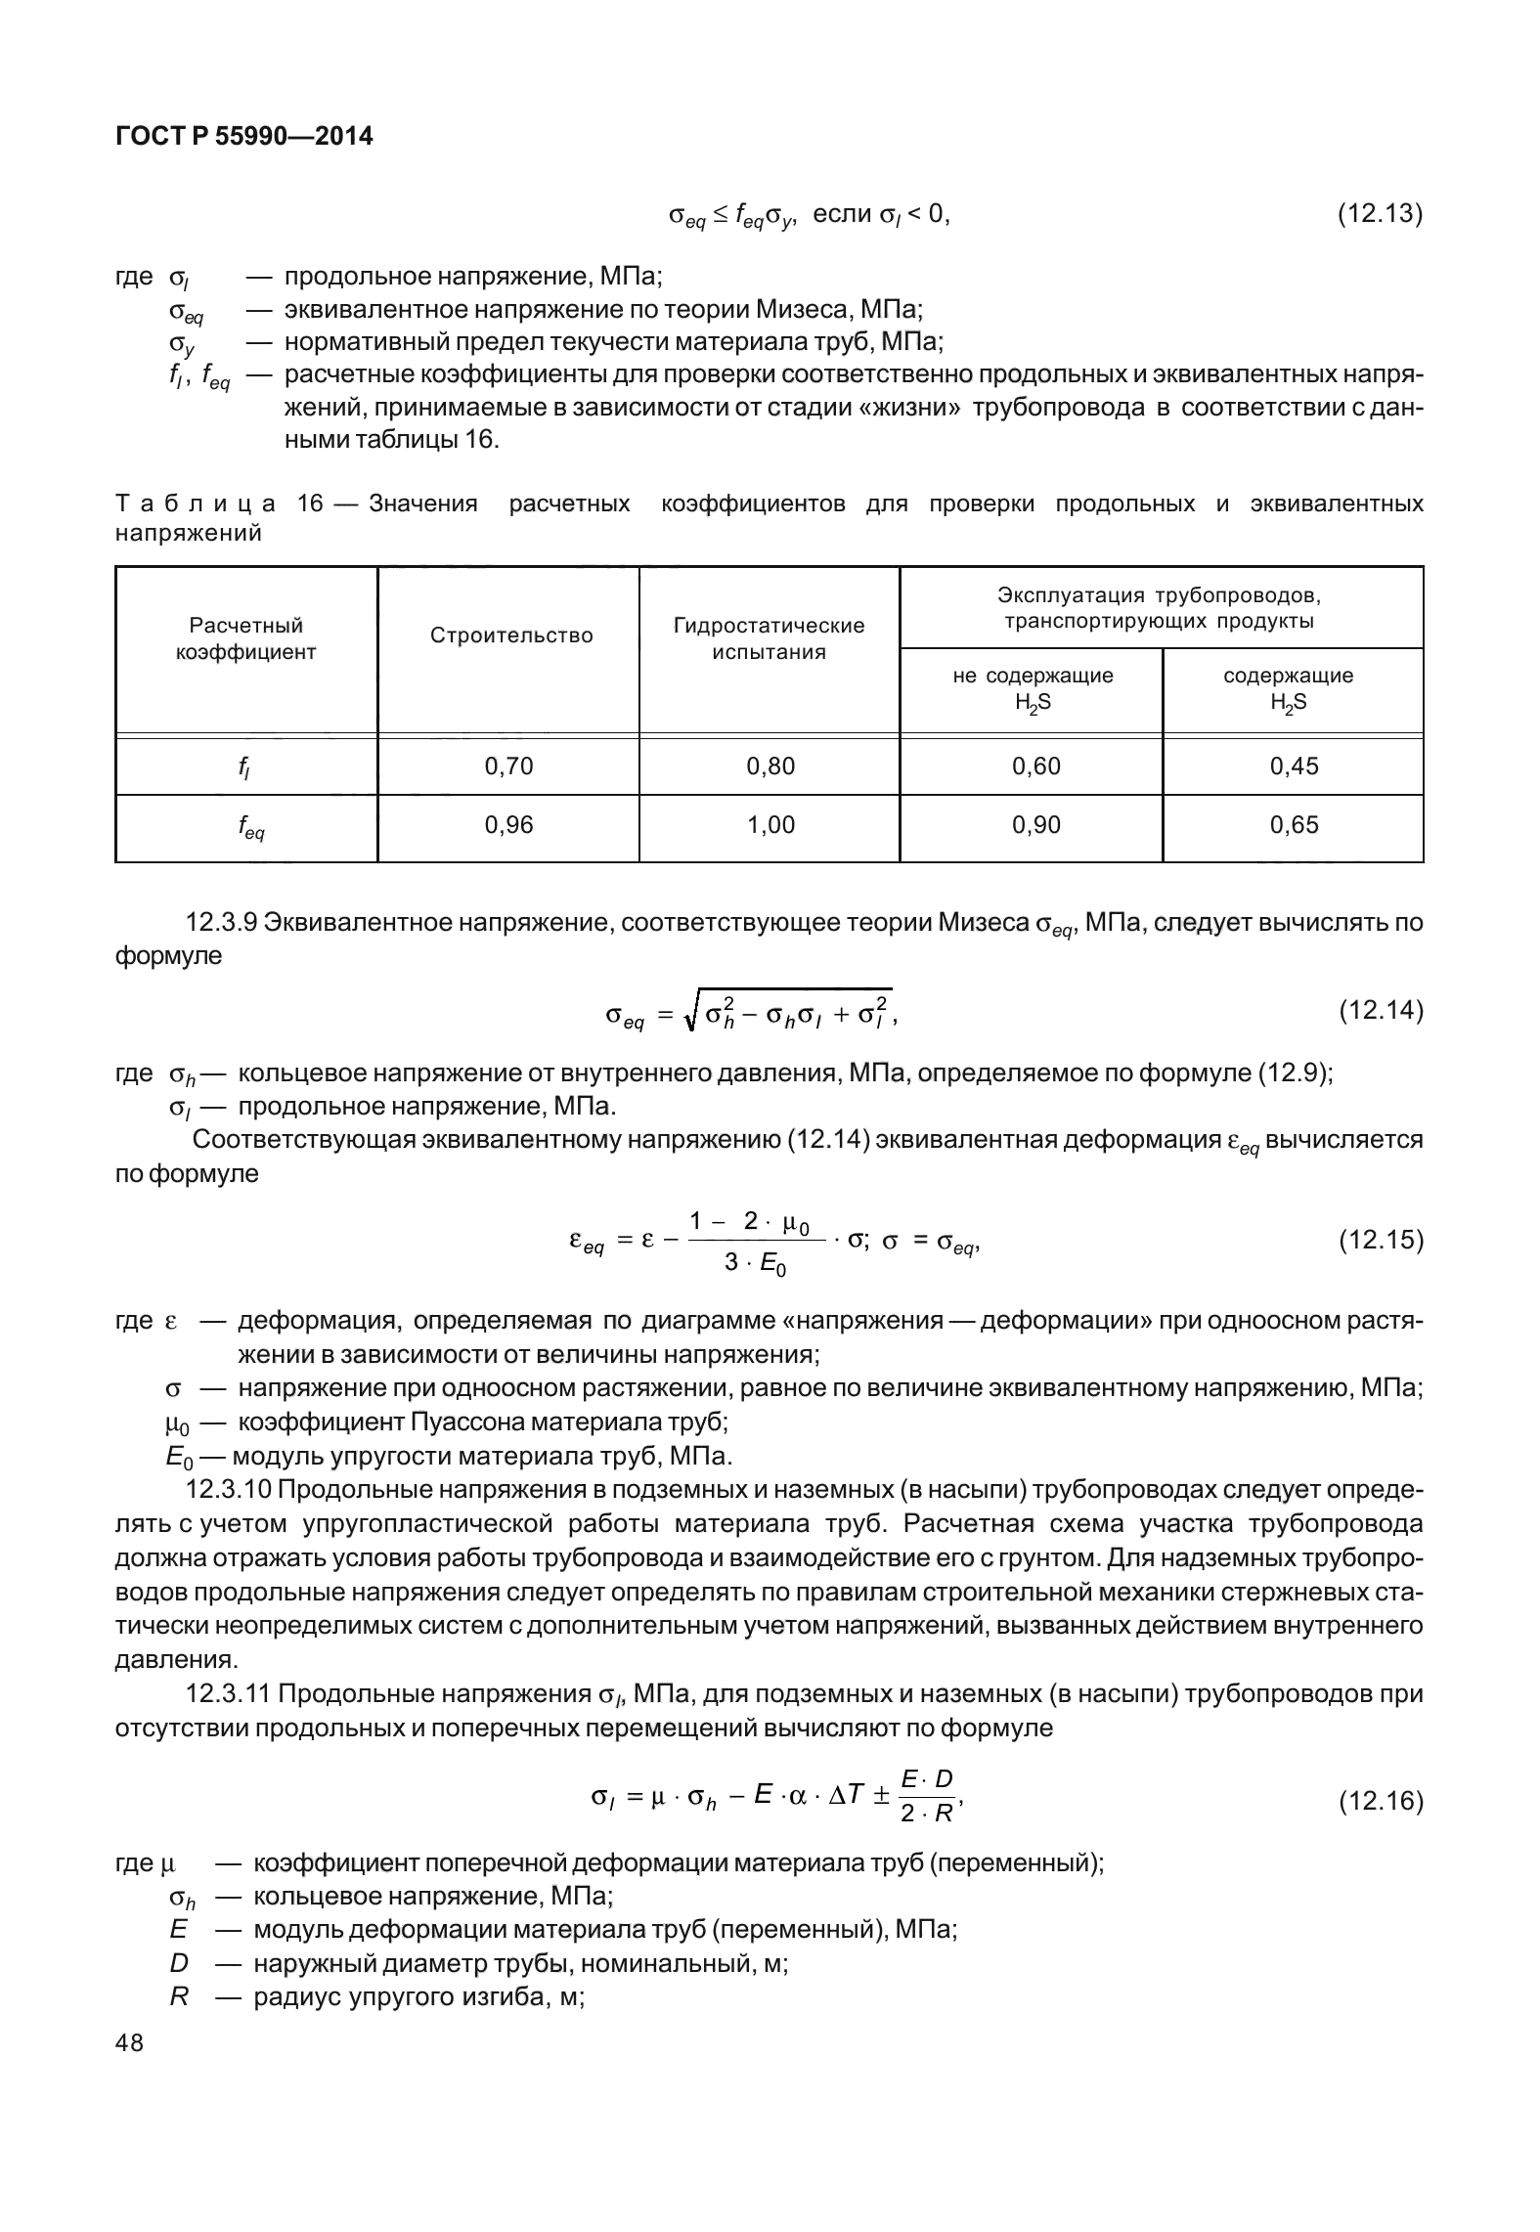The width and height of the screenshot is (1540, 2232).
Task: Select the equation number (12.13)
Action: [1379, 214]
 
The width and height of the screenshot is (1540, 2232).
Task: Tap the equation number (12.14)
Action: [1379, 1010]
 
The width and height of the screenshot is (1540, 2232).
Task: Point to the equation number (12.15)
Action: [1379, 1241]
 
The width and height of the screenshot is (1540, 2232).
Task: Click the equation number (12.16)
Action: [1379, 1801]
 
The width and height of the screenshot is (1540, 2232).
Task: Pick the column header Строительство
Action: [510, 635]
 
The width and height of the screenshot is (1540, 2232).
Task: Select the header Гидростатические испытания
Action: [769, 638]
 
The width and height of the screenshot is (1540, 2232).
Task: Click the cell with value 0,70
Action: [509, 766]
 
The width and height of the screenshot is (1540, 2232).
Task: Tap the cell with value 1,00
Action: [770, 825]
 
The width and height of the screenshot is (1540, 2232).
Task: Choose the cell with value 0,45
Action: [1294, 766]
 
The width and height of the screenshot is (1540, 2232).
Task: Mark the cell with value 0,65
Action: [1294, 825]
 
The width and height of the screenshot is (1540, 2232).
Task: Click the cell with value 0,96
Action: [509, 825]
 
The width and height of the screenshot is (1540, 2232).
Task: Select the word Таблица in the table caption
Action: [195, 504]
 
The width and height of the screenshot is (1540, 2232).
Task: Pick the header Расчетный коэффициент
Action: [246, 638]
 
